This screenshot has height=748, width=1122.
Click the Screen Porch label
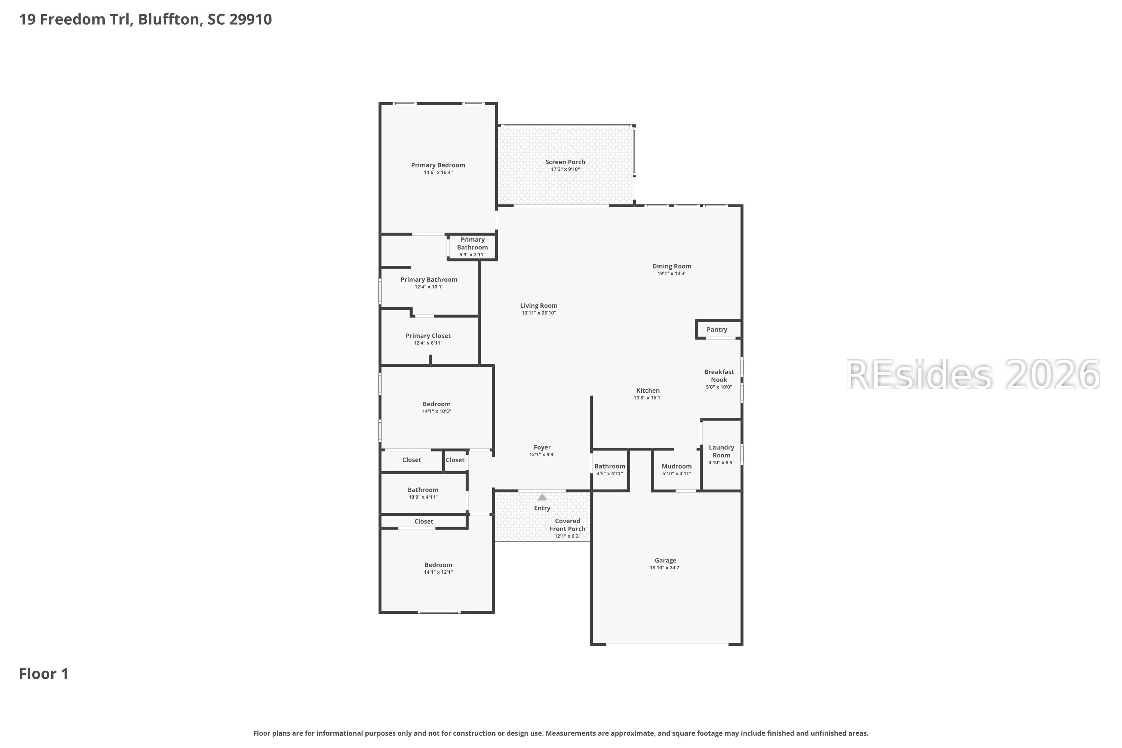click(x=565, y=162)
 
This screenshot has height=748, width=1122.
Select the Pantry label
click(x=717, y=329)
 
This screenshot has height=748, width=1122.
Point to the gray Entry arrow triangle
click(x=542, y=497)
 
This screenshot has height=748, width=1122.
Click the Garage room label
click(x=665, y=561)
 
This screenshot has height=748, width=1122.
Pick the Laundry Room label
click(x=721, y=451)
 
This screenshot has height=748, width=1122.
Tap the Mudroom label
click(x=677, y=466)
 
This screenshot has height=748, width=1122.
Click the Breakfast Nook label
click(x=719, y=376)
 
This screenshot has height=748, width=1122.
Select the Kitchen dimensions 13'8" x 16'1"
click(x=648, y=398)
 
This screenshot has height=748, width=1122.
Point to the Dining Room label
click(x=672, y=266)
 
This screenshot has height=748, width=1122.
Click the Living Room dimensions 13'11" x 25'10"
click(x=539, y=313)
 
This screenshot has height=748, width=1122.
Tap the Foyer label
click(x=542, y=447)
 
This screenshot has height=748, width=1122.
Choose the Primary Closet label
click(x=428, y=336)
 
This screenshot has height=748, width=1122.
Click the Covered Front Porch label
click(x=567, y=525)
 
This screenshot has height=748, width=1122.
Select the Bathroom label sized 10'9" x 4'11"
click(x=423, y=490)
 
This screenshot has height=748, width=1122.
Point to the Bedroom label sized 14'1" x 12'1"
click(x=438, y=565)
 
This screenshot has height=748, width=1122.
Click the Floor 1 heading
click(x=44, y=674)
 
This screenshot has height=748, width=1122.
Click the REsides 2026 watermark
click(x=972, y=375)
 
